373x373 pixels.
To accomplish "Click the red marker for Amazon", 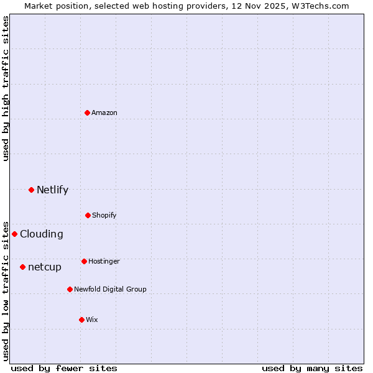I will [x=87, y=113].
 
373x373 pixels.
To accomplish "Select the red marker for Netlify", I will [x=31, y=190].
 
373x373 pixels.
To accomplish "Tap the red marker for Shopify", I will [x=88, y=215].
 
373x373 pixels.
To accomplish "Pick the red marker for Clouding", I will [x=14, y=234].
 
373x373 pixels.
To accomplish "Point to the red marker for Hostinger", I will [x=84, y=261].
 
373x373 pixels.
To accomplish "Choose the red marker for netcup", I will [x=22, y=267].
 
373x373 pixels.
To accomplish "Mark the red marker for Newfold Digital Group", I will [x=70, y=289].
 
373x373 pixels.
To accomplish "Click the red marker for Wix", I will [x=81, y=320].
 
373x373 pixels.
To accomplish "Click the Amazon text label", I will [x=104, y=113].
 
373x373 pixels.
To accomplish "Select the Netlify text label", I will [x=52, y=190].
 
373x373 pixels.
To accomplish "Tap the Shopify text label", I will [x=104, y=215].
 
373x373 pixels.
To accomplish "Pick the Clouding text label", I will [x=42, y=234].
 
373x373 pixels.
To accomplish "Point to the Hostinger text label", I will [x=104, y=261].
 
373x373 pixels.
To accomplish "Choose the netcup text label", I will [x=45, y=267].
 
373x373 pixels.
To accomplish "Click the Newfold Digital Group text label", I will [x=111, y=289].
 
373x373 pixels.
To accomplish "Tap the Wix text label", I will [x=92, y=320].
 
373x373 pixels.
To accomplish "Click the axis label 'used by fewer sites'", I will [x=64, y=368].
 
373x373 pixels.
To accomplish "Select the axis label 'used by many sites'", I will [x=312, y=368].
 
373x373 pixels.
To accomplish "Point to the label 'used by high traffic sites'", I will [x=6, y=88].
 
